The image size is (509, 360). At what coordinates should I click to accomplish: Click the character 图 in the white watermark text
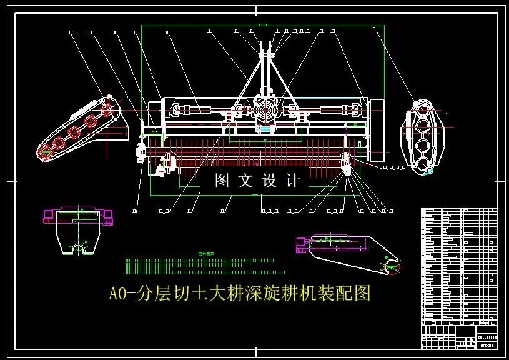click(222, 181)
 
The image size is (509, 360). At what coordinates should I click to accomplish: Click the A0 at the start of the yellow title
click(118, 293)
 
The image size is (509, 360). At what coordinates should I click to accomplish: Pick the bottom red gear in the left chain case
click(45, 151)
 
